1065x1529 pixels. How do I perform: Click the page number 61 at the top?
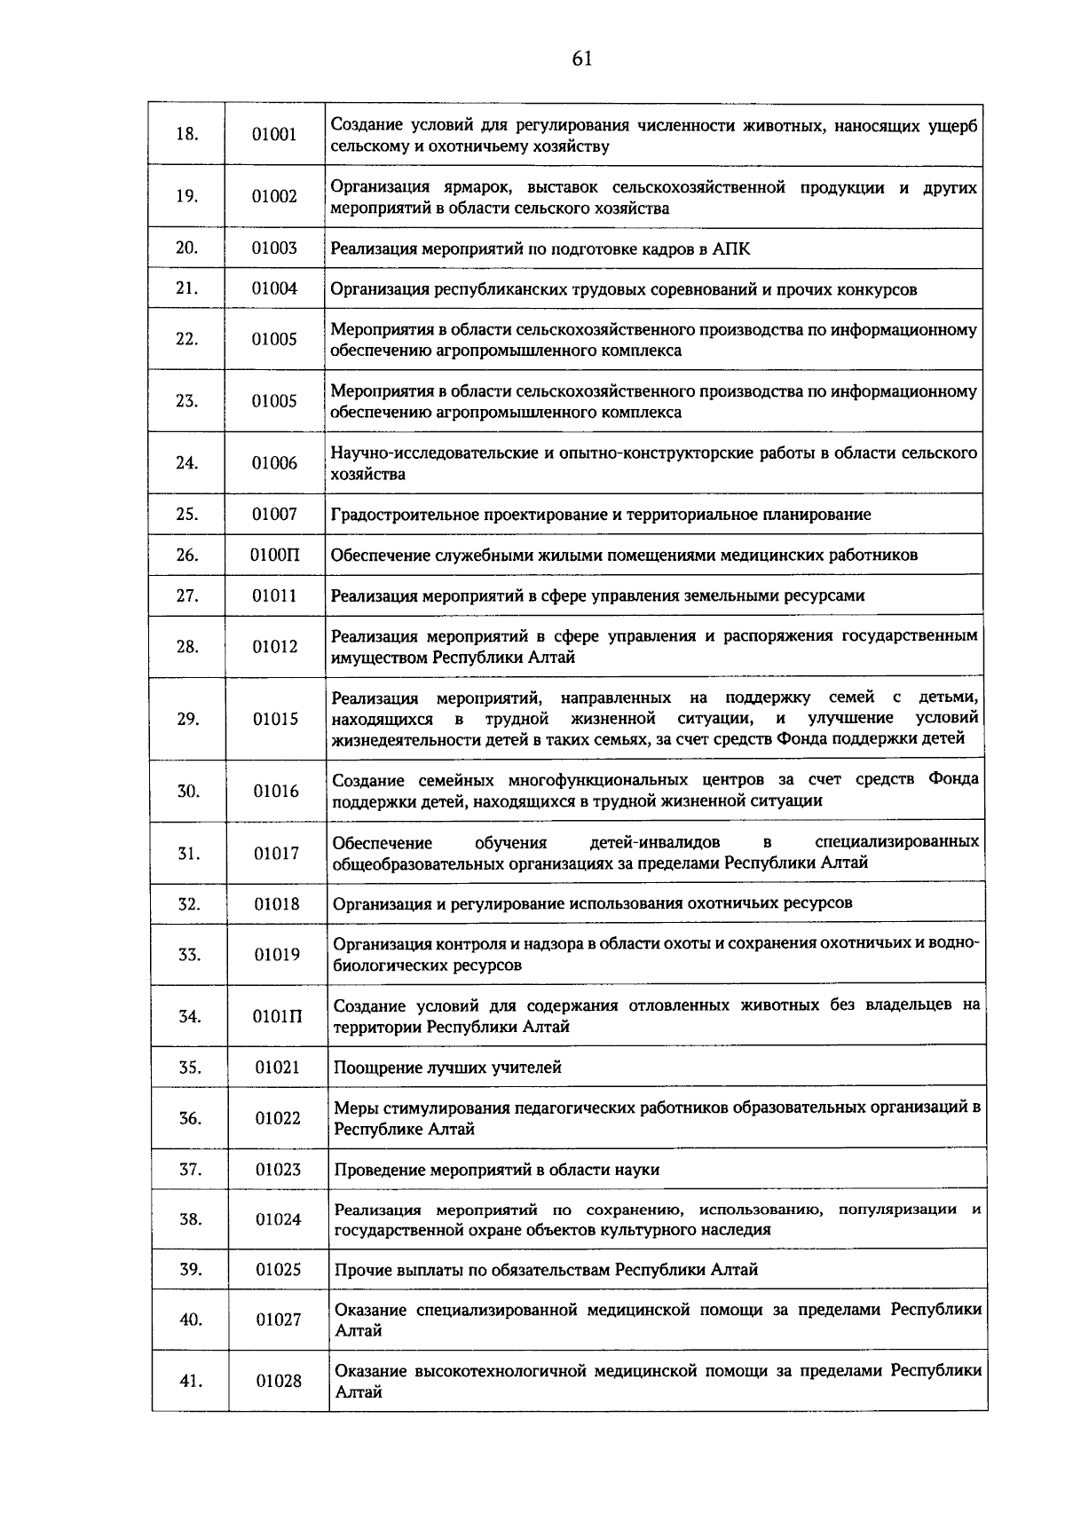(x=582, y=59)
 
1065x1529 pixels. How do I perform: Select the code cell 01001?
(x=274, y=135)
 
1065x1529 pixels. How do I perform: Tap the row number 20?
(x=186, y=248)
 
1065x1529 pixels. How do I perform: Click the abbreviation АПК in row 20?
(x=730, y=249)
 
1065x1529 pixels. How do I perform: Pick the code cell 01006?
(x=274, y=463)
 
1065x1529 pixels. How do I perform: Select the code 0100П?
(x=274, y=556)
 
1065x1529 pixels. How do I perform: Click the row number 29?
(x=187, y=719)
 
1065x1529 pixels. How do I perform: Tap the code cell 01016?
(x=276, y=791)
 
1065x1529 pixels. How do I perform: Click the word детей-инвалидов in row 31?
(x=654, y=842)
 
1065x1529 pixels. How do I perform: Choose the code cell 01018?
(x=277, y=904)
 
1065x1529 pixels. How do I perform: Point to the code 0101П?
(x=277, y=1017)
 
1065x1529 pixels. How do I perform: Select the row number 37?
(x=190, y=1169)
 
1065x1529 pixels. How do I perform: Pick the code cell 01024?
(x=279, y=1219)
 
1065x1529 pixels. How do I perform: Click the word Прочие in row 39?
(x=360, y=1270)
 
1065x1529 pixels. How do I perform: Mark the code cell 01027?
(x=279, y=1320)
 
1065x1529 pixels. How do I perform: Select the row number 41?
(x=191, y=1381)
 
